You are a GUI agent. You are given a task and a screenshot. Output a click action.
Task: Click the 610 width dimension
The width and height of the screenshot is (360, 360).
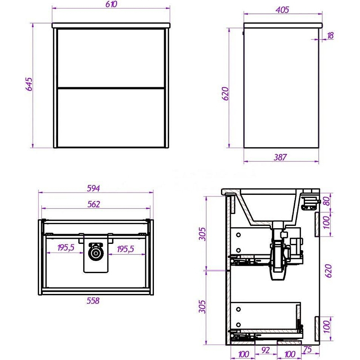pos(111,4)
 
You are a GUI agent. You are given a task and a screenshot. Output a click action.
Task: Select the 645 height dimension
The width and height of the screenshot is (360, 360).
pos(29,84)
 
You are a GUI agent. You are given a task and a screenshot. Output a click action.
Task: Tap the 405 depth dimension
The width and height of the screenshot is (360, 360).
pos(282,9)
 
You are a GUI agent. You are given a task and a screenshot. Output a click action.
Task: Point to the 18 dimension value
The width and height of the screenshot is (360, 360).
pos(330,36)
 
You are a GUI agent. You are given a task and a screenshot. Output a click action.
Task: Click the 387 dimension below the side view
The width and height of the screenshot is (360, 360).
pos(280,157)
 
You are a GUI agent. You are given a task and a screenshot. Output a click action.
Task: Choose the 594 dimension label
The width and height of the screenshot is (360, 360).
pos(94,188)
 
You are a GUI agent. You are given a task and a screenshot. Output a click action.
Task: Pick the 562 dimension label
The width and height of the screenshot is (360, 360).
pos(94,204)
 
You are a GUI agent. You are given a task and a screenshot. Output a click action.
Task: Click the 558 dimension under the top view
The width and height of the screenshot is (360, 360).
pos(93,301)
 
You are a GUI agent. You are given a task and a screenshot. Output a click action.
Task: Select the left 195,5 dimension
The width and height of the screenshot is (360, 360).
pos(66,247)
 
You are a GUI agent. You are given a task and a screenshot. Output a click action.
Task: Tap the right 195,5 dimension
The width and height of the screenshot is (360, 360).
pos(126,249)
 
